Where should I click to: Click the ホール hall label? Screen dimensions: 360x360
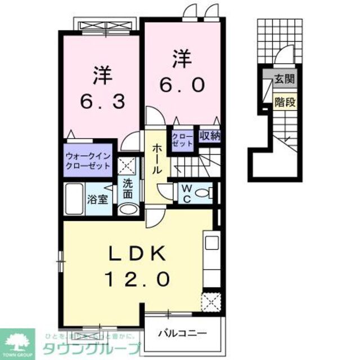[x=157, y=159]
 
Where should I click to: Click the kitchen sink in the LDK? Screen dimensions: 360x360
[x=211, y=243]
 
